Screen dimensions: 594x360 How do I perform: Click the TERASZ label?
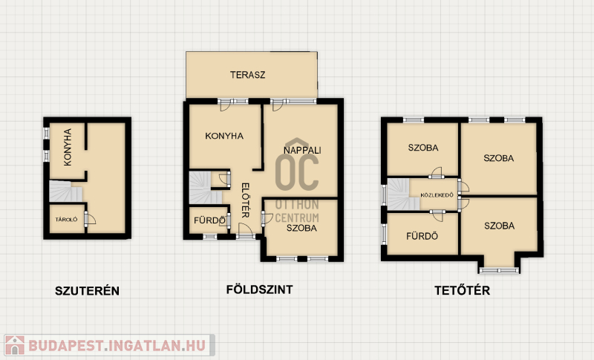(x=247, y=75)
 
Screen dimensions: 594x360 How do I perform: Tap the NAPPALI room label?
(x=302, y=150)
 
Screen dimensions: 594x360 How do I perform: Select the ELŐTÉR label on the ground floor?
(x=246, y=200)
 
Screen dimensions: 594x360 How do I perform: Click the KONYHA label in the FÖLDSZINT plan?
(x=224, y=136)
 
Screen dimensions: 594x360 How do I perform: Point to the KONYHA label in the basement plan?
(x=68, y=147)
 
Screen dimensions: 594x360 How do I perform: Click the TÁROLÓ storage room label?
(x=66, y=220)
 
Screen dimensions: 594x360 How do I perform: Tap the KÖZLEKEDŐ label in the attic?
(x=437, y=195)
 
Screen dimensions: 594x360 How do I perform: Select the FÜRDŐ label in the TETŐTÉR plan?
(x=422, y=236)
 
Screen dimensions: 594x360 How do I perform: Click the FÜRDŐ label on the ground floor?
(x=209, y=220)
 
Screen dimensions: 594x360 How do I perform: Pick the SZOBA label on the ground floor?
(x=301, y=228)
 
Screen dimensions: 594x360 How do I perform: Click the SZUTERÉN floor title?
(x=87, y=291)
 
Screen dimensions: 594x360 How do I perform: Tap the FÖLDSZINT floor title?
(x=259, y=289)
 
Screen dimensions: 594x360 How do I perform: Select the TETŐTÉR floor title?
(x=462, y=290)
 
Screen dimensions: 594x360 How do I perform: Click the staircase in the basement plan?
(x=65, y=192)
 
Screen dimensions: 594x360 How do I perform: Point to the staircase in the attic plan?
(x=402, y=194)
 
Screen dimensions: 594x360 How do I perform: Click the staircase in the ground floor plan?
(x=205, y=188)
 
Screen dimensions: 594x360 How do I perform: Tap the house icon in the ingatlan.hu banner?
(x=14, y=345)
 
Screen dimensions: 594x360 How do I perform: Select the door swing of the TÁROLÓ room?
(x=91, y=220)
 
